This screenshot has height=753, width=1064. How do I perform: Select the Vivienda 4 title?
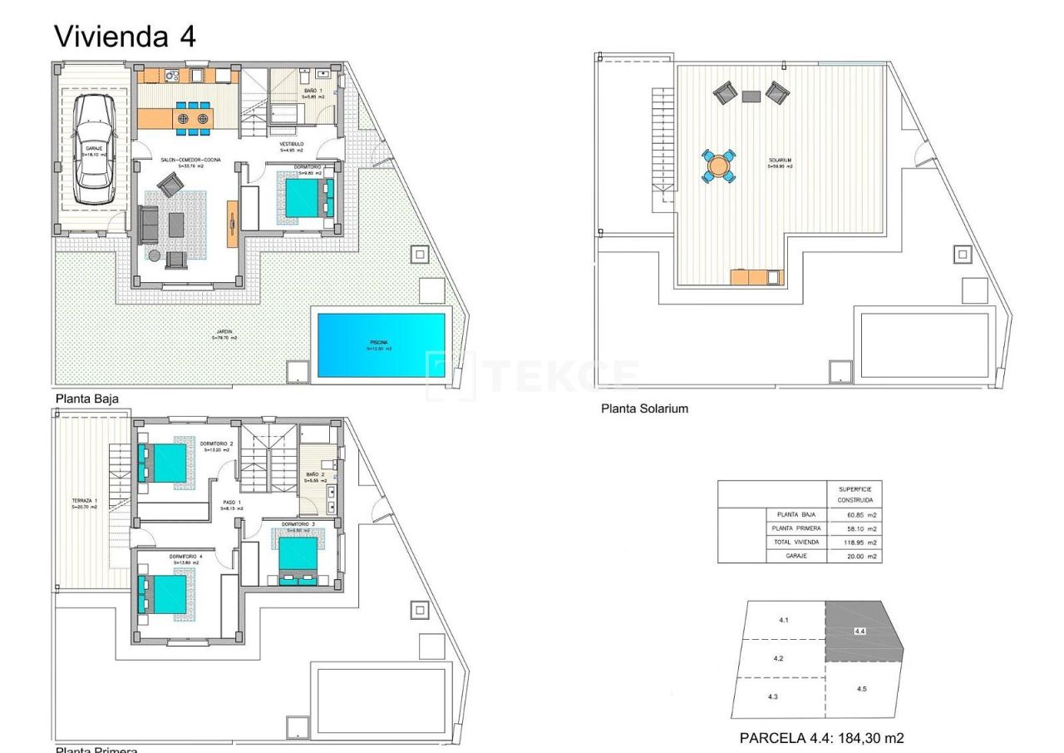coord(125,36)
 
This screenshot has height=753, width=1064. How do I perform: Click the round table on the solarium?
coord(718,166)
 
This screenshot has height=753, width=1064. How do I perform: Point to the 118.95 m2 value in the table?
coord(854,542)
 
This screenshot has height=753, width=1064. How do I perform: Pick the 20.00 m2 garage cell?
coord(854,555)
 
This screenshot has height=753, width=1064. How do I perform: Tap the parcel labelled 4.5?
coord(861,689)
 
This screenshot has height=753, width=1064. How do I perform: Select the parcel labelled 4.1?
coord(783,621)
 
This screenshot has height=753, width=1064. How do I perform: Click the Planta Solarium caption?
coord(644,409)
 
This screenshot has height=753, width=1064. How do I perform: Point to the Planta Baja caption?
coord(86,399)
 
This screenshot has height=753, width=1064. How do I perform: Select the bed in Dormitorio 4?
coord(163,593)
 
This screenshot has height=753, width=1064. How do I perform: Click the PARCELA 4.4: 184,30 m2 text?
coord(821,738)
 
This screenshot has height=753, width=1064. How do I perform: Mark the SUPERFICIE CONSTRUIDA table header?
coord(854,494)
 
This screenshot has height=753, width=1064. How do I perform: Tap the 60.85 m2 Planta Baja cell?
coord(854,515)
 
